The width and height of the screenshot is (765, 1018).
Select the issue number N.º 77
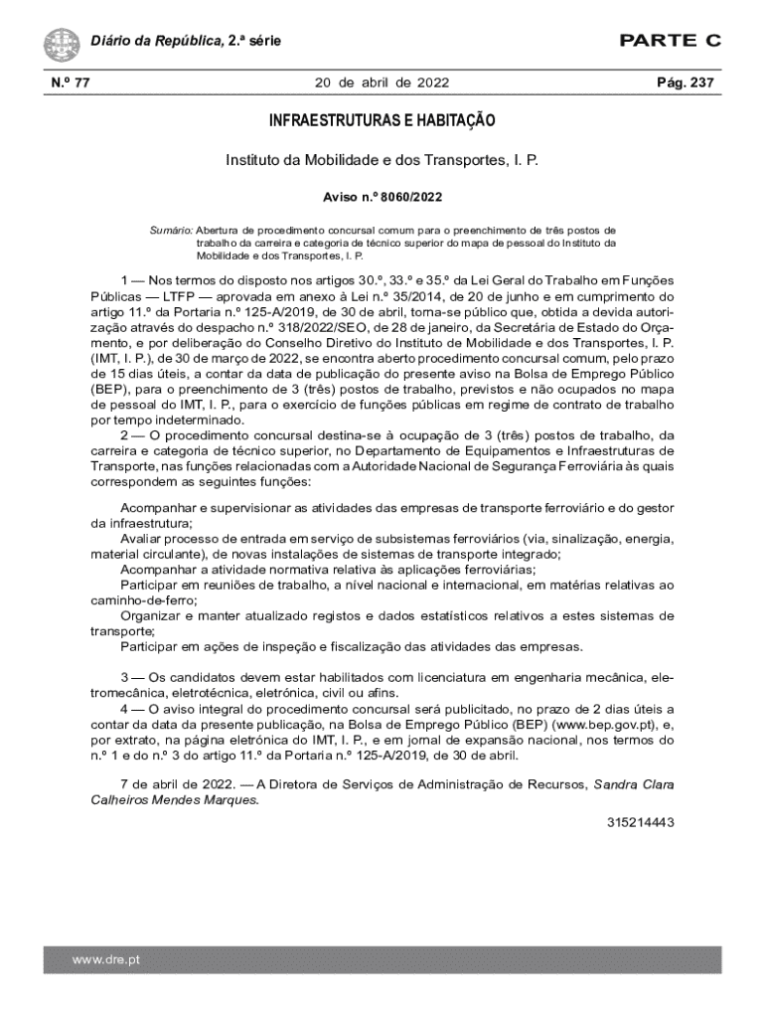(67, 84)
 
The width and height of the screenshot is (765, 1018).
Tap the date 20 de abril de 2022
(382, 84)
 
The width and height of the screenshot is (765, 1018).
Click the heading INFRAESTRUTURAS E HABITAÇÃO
(382, 121)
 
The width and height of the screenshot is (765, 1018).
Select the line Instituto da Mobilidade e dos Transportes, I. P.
(382, 160)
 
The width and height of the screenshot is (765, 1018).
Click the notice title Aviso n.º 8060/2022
(382, 197)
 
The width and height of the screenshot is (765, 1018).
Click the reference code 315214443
(641, 822)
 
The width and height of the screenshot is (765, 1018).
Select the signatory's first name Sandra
(617, 784)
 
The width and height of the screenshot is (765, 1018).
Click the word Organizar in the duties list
(151, 615)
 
